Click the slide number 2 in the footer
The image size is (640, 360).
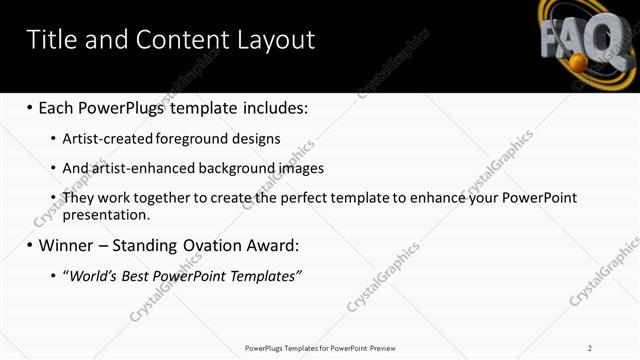point(590,348)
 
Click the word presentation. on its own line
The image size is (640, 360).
point(106,214)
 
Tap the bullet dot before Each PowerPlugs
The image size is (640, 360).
point(29,107)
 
